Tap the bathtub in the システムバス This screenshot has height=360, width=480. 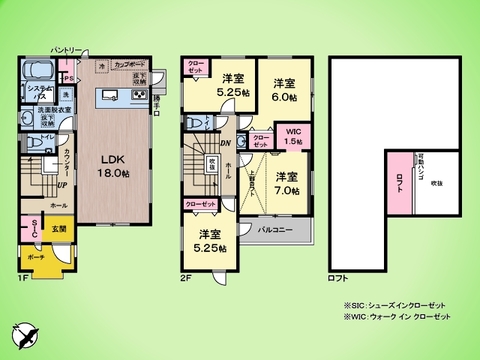coord(40,72)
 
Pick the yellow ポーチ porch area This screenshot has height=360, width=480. coord(37,255)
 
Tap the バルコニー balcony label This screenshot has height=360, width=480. coord(276,230)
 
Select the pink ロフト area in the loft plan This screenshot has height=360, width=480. coord(400,181)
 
